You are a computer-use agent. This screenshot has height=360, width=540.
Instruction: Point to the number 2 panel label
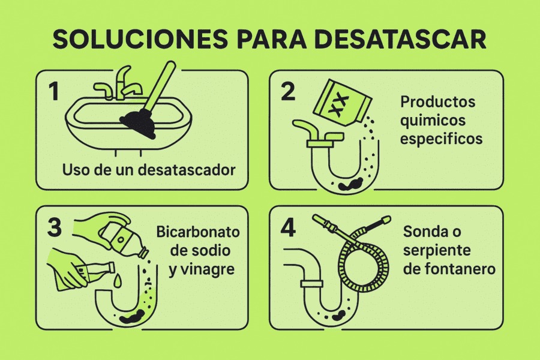click(x=288, y=91)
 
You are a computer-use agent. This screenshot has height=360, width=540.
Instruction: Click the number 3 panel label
click(x=55, y=227)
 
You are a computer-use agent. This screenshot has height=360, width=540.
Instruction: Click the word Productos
click(x=438, y=101)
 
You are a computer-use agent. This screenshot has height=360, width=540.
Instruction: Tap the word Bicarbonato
click(x=197, y=232)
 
